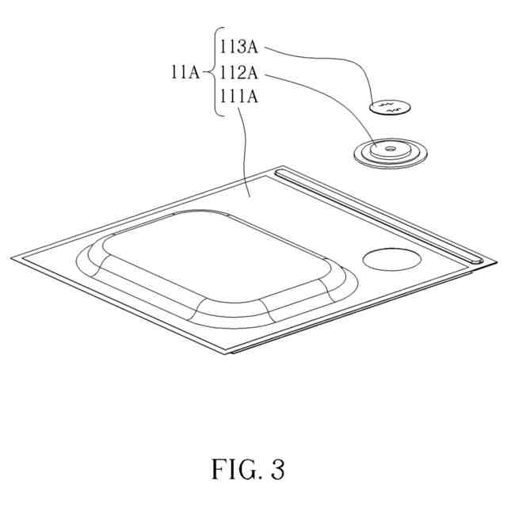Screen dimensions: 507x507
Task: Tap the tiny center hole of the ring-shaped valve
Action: [x=387, y=147]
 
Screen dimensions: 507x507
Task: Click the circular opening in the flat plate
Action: [x=392, y=258]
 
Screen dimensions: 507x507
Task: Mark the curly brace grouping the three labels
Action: [x=213, y=72]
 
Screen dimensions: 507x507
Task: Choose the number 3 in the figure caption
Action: [x=276, y=470]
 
